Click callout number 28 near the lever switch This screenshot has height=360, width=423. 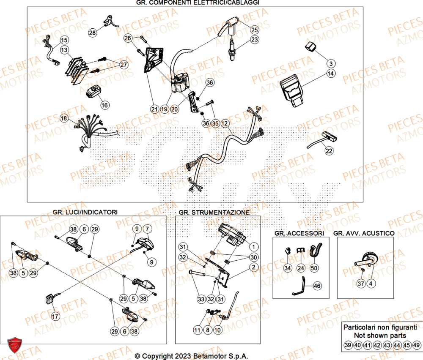(x=93, y=33)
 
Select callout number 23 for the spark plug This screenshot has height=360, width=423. (x=254, y=40)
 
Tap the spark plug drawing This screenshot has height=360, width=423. (x=232, y=50)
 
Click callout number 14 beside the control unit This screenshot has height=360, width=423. (x=330, y=74)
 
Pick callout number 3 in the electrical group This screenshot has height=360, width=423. (x=331, y=63)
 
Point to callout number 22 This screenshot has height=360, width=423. (x=329, y=151)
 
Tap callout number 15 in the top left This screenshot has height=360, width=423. (x=63, y=41)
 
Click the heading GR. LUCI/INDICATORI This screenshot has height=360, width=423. (x=85, y=212)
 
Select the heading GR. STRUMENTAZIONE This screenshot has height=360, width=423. (x=214, y=212)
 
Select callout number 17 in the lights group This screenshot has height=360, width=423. (x=55, y=316)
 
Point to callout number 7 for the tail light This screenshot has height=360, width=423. (x=147, y=229)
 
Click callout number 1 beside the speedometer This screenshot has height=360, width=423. (x=253, y=247)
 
